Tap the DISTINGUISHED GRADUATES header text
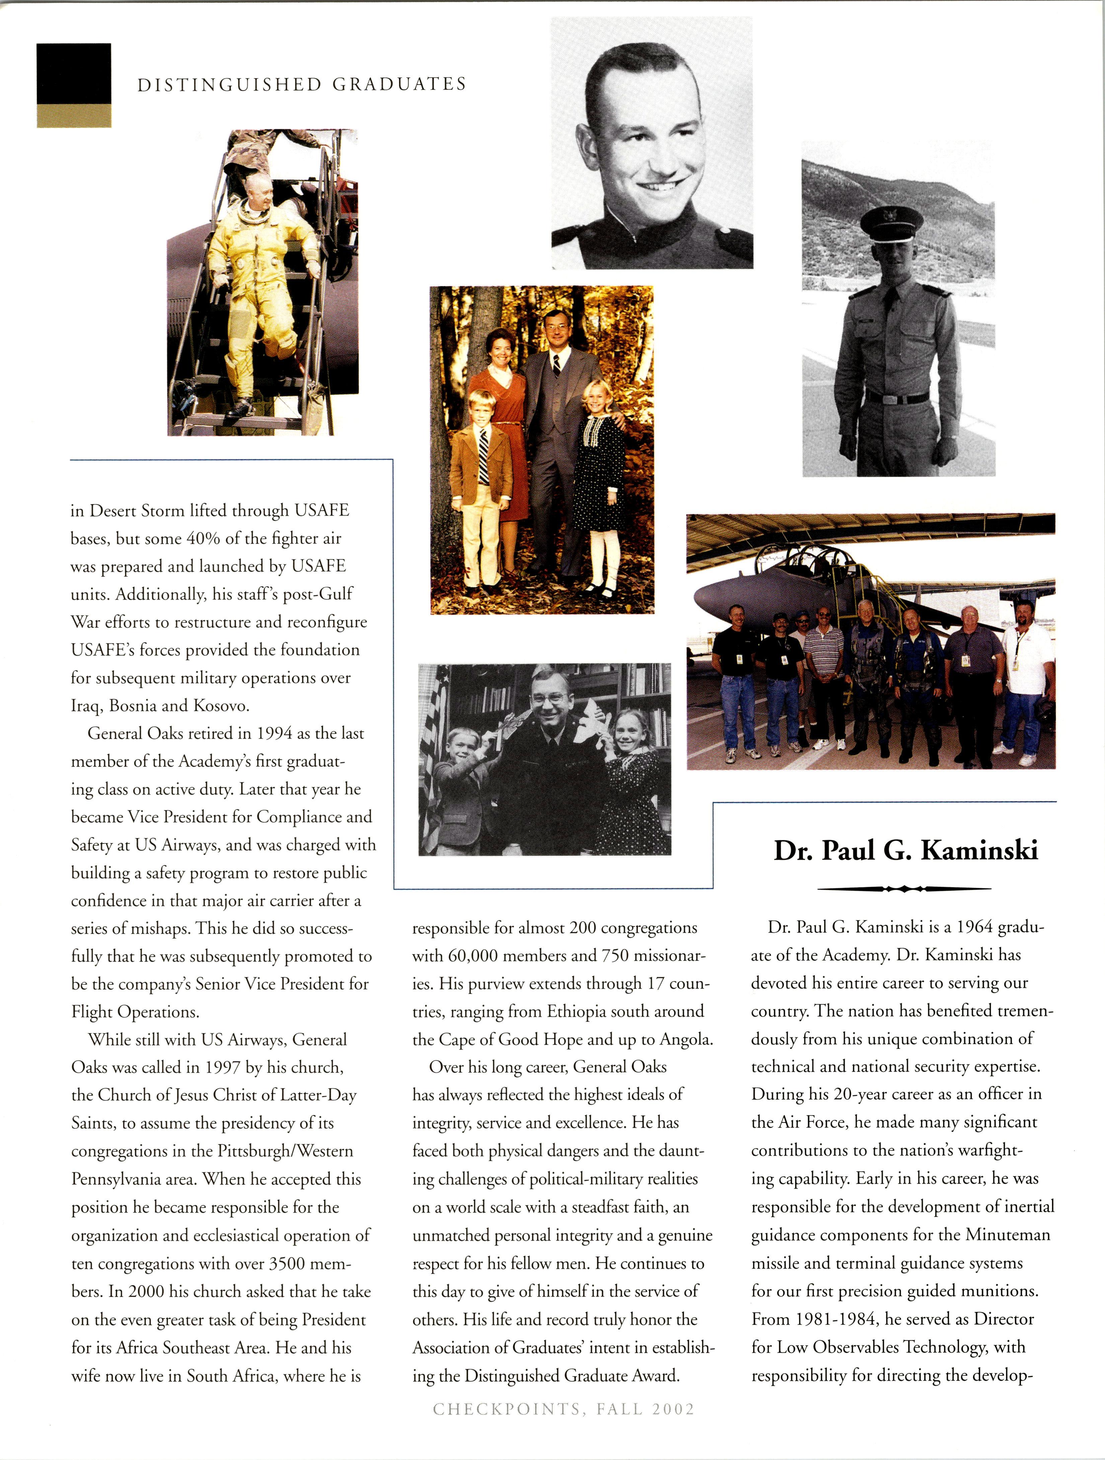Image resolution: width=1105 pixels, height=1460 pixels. tap(301, 84)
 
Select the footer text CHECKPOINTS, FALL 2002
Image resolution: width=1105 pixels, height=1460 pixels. tap(564, 1409)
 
